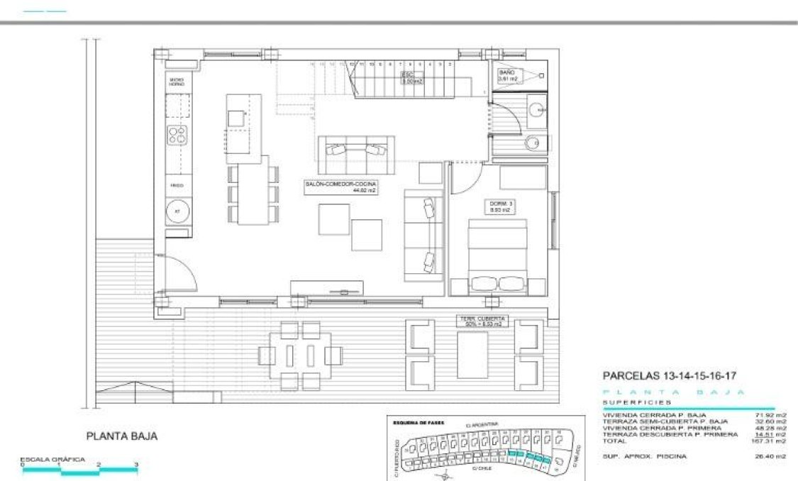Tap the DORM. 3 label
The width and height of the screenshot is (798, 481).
point(500,206)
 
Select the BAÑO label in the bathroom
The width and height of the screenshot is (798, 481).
point(509,76)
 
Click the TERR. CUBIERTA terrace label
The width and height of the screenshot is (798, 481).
point(482,321)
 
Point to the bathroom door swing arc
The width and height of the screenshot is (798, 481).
point(505,117)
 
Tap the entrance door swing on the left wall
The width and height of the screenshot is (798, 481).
point(179,273)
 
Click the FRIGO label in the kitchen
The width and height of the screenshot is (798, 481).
point(177,186)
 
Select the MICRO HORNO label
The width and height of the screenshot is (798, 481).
point(177,82)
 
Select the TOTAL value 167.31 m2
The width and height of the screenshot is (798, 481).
point(771,441)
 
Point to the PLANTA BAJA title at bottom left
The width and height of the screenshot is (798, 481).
point(121,437)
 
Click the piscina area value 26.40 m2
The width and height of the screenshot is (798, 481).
point(771,456)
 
